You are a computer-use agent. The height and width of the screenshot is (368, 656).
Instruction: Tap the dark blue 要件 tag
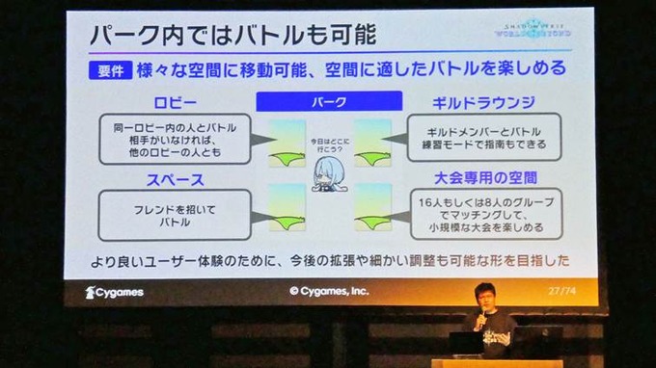click(110, 70)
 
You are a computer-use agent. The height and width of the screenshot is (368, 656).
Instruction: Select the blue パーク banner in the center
click(329, 100)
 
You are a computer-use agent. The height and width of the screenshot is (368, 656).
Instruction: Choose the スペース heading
click(176, 179)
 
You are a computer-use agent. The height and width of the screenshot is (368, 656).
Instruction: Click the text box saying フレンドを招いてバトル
click(176, 213)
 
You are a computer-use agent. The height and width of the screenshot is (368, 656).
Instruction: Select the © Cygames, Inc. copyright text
click(329, 290)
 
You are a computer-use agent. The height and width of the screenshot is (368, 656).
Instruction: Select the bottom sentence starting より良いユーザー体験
click(329, 261)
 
